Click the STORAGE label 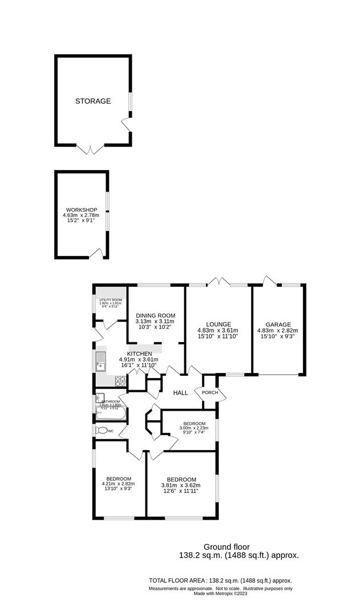[x=93, y=101]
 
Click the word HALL [x=180, y=392]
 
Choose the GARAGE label [x=277, y=324]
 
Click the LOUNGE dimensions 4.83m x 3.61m [x=217, y=330]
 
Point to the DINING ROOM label [x=155, y=315]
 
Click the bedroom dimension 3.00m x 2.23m [x=190, y=428]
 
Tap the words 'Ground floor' [x=226, y=546]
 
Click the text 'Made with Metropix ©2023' [x=220, y=593]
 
